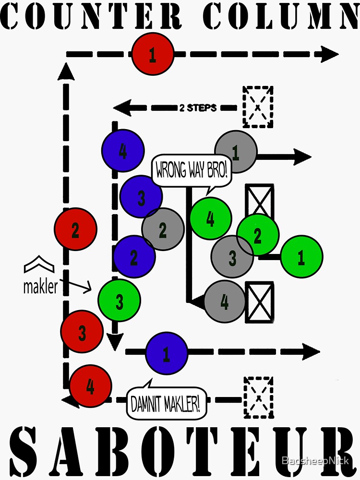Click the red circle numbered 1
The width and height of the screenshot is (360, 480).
pos(153,55)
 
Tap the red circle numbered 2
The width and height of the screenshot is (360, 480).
pos(75,229)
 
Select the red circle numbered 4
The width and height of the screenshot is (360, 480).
pos(91,386)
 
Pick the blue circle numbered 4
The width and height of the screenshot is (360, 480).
pos(123,151)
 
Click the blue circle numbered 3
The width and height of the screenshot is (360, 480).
pos(141,197)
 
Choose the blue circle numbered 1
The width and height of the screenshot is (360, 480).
pos(166,353)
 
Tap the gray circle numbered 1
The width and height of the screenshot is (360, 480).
pos(236,152)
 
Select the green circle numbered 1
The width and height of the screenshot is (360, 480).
pos(301,257)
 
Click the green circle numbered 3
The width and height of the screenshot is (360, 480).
pos(119,301)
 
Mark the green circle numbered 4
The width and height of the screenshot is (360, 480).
pos(211,218)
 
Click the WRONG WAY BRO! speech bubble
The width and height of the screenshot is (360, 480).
pos(192,170)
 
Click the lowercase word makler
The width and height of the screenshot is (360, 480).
pos(40,287)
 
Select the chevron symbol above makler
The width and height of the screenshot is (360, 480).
pos(39,264)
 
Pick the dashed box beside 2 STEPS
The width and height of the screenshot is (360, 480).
pos(258,107)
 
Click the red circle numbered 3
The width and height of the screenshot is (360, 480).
pos(82,332)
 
